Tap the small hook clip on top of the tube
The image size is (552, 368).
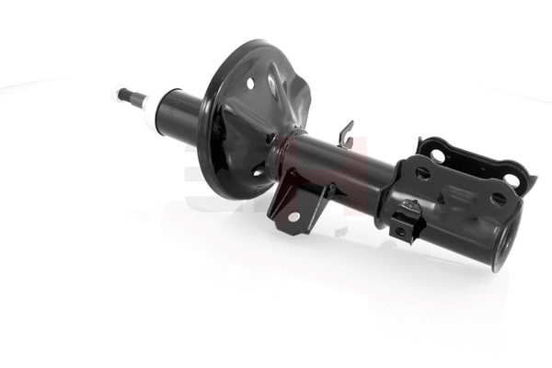pyautogui.click(x=346, y=133)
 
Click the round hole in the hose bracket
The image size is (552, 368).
pyautogui.click(x=293, y=216)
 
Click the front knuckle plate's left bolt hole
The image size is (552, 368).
pyautogui.click(x=421, y=172)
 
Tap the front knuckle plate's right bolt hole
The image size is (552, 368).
pyautogui.click(x=498, y=198)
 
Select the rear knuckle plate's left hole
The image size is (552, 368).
pyautogui.click(x=438, y=155)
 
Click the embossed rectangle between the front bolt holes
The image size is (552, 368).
pyautogui.click(x=458, y=192)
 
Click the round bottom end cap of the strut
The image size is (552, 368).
pyautogui.click(x=504, y=244)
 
